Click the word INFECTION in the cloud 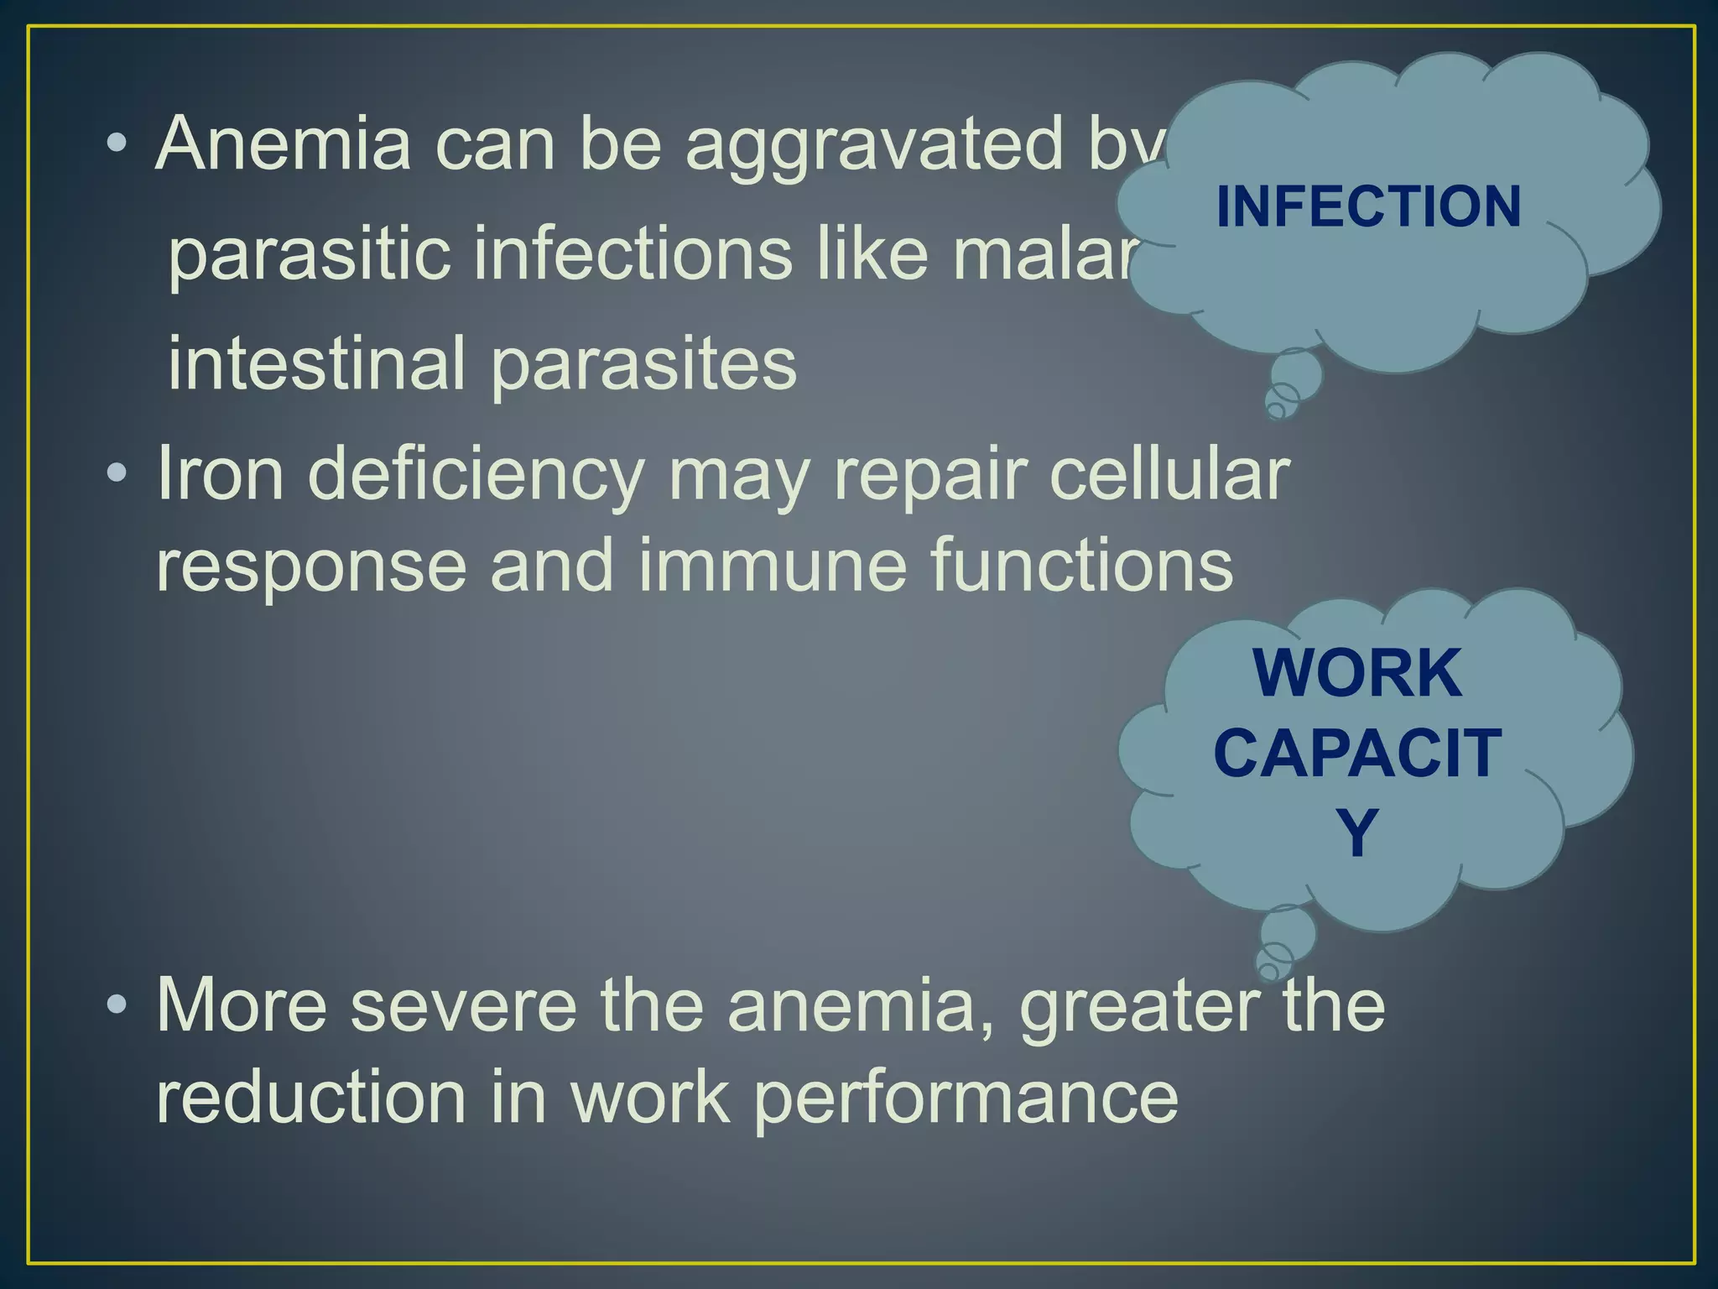click(x=1368, y=206)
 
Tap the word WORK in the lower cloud click(x=1357, y=673)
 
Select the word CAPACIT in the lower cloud click(x=1357, y=753)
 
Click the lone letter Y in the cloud click(x=1356, y=832)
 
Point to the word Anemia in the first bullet click(x=284, y=144)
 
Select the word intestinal click(x=315, y=363)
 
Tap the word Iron click(x=221, y=474)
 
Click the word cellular click(x=1169, y=474)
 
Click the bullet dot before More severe click(x=117, y=1004)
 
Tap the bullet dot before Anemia click(x=117, y=144)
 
